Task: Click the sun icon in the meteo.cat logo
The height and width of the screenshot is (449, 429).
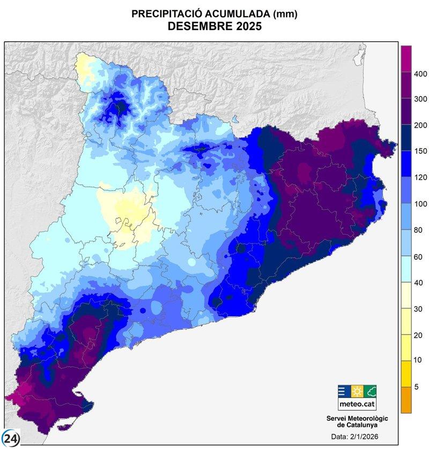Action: [357, 391]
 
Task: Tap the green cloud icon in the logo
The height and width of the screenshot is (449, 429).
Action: [370, 391]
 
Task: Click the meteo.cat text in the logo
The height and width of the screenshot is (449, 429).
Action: [357, 403]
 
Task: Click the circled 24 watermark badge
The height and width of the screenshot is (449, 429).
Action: [11, 438]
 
